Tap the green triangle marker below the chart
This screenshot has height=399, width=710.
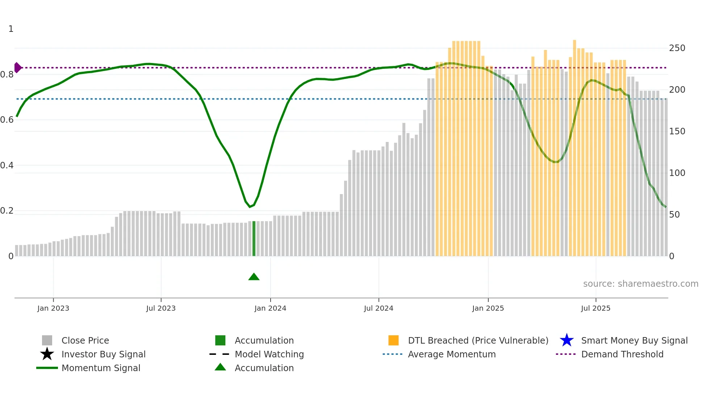click(x=254, y=277)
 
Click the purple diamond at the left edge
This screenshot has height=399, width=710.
click(x=17, y=68)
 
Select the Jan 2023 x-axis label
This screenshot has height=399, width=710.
click(x=53, y=308)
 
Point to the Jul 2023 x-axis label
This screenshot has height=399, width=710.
click(x=161, y=308)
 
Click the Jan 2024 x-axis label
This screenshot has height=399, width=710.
click(x=270, y=308)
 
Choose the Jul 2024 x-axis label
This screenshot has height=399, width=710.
click(x=379, y=308)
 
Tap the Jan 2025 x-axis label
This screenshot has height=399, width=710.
click(x=488, y=308)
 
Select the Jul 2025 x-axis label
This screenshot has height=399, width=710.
click(x=596, y=308)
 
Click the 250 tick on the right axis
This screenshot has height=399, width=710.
click(x=677, y=48)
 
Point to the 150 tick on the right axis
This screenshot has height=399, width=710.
click(x=677, y=131)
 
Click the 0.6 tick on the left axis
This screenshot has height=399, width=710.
click(x=7, y=120)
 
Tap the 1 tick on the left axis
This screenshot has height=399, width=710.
click(x=11, y=29)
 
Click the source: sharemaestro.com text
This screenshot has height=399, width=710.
click(x=640, y=284)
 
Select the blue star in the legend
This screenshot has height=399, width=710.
click(x=567, y=340)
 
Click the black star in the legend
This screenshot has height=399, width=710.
click(x=47, y=354)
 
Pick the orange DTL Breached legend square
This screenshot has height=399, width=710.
click(x=393, y=340)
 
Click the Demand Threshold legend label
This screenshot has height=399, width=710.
click(x=622, y=354)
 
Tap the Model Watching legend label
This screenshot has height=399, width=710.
click(x=269, y=354)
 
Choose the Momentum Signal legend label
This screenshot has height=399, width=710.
click(x=101, y=368)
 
